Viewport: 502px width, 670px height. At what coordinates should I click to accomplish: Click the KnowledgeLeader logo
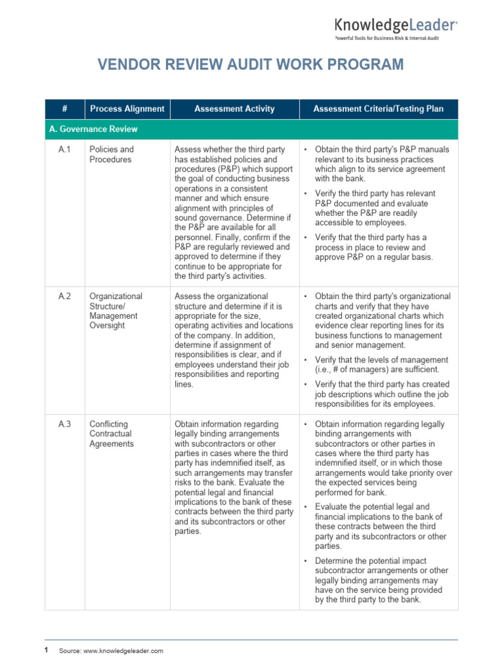[395, 25]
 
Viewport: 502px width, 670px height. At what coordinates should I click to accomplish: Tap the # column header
[64, 109]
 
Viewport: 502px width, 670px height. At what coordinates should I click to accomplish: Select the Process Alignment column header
[127, 109]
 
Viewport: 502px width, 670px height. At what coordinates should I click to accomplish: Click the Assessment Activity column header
[234, 109]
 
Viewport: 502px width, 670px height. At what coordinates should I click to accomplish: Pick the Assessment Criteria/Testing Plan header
[378, 109]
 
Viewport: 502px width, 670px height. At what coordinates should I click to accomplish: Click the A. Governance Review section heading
[93, 130]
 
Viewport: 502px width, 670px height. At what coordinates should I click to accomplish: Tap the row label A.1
[64, 150]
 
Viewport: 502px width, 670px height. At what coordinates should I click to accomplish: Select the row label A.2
[64, 296]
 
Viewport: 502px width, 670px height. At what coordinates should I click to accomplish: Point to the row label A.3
[64, 424]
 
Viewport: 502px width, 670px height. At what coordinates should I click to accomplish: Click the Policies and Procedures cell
[111, 154]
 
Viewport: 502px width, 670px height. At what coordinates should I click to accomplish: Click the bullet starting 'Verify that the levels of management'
[381, 364]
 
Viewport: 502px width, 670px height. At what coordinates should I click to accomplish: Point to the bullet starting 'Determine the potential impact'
[381, 580]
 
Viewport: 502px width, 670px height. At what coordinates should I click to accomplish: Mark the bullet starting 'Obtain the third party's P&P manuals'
[381, 164]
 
